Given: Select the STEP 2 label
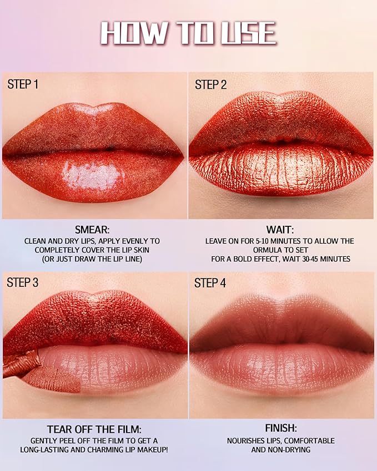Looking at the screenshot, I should [x=210, y=84].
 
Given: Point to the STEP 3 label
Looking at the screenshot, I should [x=23, y=282].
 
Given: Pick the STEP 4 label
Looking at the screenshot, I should [x=210, y=282].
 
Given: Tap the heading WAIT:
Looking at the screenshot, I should [x=280, y=230].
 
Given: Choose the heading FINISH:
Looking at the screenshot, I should [x=280, y=429].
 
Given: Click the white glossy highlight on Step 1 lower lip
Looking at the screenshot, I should [x=92, y=176].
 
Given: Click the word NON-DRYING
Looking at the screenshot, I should [x=304, y=450].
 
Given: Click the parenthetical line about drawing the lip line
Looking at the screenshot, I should [x=92, y=259].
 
